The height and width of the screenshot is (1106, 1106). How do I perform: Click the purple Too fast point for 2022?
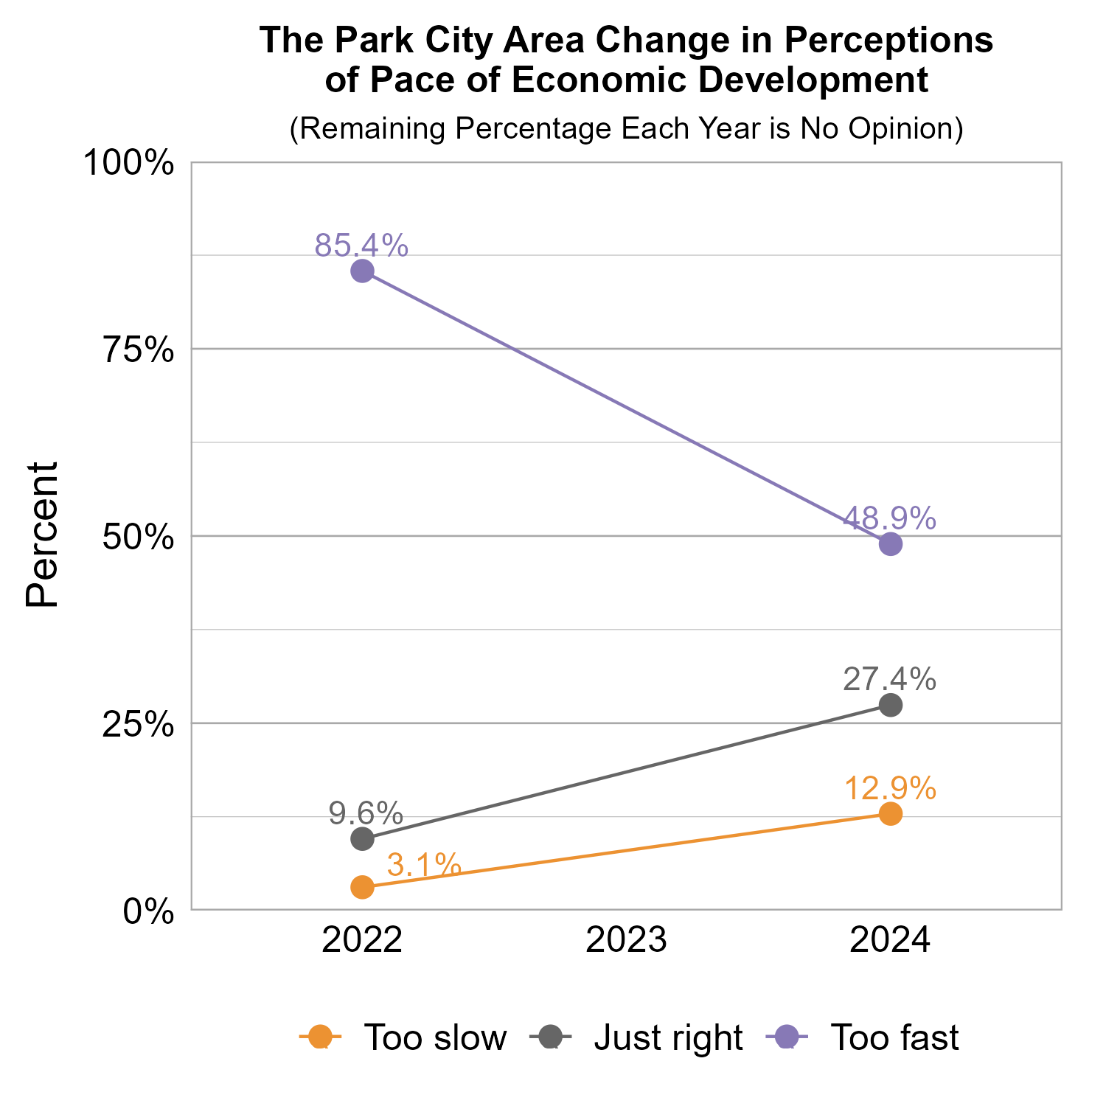(x=361, y=271)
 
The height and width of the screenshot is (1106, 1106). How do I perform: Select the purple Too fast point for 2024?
(x=891, y=544)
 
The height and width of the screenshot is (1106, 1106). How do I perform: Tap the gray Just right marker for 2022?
(x=361, y=838)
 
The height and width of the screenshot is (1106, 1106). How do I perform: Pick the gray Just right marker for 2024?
(x=891, y=706)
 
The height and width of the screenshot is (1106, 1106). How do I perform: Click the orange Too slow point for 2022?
(x=361, y=887)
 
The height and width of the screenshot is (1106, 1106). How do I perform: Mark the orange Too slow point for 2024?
(x=891, y=813)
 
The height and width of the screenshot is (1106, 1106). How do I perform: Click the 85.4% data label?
(x=361, y=246)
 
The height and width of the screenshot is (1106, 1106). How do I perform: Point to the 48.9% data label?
(x=889, y=518)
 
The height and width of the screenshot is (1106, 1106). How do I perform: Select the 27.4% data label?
(x=889, y=679)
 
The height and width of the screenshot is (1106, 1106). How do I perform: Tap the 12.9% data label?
(x=889, y=788)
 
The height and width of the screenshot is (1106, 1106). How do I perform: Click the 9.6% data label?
(x=366, y=813)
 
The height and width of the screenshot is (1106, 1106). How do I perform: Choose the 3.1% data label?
(x=424, y=864)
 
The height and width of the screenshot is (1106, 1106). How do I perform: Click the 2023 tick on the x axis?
(x=626, y=942)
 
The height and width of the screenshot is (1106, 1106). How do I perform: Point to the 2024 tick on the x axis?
(x=890, y=942)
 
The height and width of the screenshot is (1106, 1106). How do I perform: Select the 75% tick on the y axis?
(x=139, y=350)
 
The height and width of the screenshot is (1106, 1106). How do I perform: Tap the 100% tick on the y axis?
(x=129, y=163)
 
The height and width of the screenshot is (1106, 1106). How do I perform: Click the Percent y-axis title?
(x=42, y=535)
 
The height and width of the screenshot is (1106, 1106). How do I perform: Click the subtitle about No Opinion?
(x=626, y=128)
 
